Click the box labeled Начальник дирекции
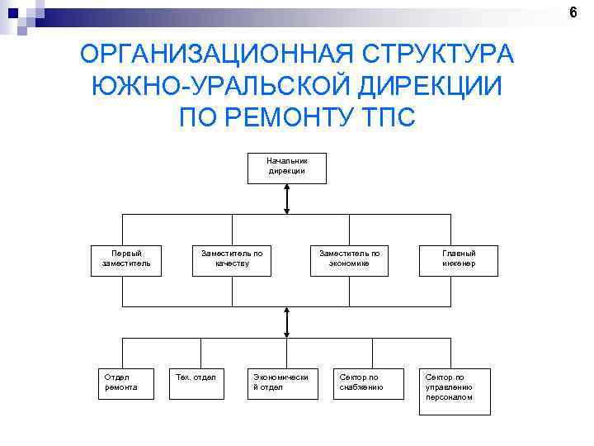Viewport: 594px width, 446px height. click(286, 167)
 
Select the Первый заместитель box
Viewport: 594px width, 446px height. click(126, 259)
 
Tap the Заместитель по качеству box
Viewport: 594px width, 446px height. click(232, 259)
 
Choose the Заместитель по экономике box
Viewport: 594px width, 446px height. click(350, 259)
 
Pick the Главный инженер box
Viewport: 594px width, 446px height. click(459, 259)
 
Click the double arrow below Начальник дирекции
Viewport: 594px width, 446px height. click(286, 199)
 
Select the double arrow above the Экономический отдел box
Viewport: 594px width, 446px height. click(286, 321)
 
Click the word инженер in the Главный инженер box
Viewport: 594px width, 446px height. click(459, 264)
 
